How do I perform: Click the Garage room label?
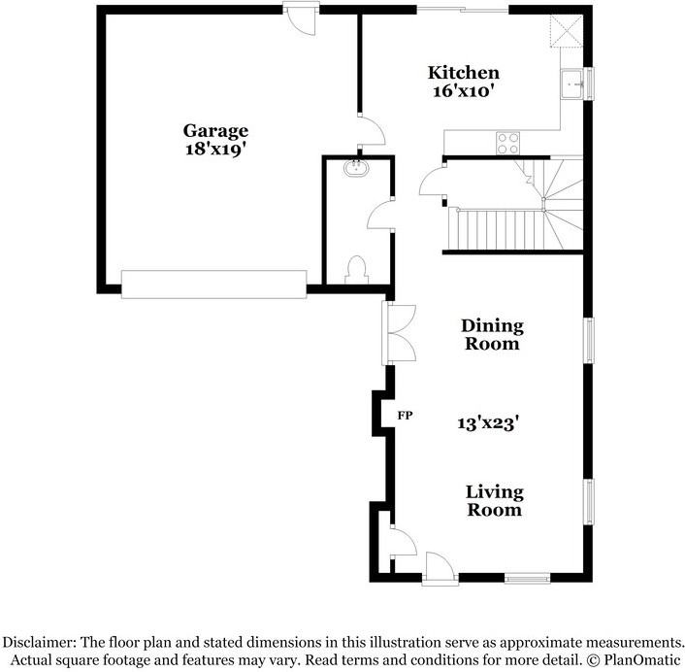pyautogui.click(x=215, y=131)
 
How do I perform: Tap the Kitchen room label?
pyautogui.click(x=464, y=73)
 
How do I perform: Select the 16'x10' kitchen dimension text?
pyautogui.click(x=464, y=91)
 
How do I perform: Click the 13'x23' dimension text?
pyautogui.click(x=488, y=423)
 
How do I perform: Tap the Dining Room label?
pyautogui.click(x=492, y=335)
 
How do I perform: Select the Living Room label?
pyautogui.click(x=494, y=501)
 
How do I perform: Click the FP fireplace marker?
pyautogui.click(x=405, y=416)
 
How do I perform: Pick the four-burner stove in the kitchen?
pyautogui.click(x=508, y=144)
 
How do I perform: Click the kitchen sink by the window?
pyautogui.click(x=572, y=84)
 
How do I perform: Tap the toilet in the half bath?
pyautogui.click(x=356, y=270)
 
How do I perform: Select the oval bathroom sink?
pyautogui.click(x=357, y=168)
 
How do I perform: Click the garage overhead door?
pyautogui.click(x=214, y=285)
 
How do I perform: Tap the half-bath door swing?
pyautogui.click(x=380, y=215)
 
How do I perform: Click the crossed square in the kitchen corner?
pyautogui.click(x=567, y=31)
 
